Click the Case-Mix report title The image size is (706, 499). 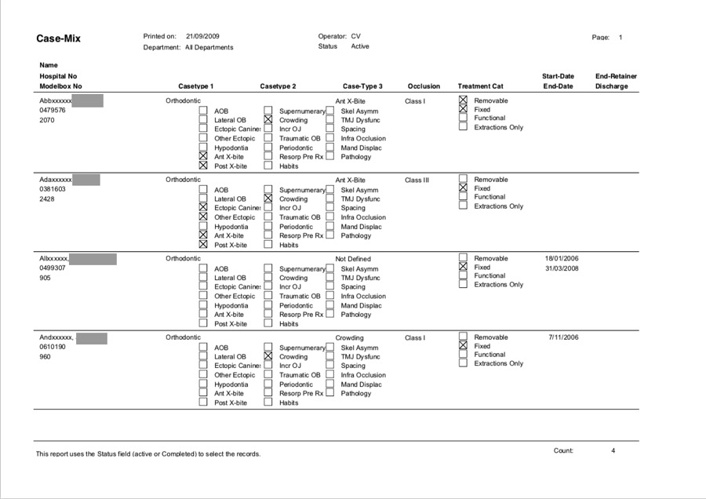click(x=58, y=38)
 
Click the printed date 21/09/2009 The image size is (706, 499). click(x=202, y=36)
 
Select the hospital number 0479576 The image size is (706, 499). click(x=53, y=111)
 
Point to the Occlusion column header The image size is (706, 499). click(x=424, y=86)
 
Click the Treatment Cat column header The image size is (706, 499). click(x=480, y=86)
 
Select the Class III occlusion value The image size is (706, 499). click(x=417, y=180)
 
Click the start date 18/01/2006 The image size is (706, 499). click(x=561, y=258)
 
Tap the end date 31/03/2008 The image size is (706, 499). click(x=561, y=268)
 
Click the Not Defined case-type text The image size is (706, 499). click(x=353, y=259)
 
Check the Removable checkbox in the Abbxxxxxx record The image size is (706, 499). click(x=463, y=100)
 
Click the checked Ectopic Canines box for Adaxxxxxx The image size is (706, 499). click(x=203, y=208)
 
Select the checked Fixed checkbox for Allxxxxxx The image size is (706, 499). click(x=463, y=267)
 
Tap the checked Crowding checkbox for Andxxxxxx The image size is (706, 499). click(x=268, y=356)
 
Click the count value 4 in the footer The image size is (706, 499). click(x=613, y=450)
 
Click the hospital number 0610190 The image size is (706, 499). click(x=53, y=347)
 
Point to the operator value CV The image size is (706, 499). click(x=355, y=36)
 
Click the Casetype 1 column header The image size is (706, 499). click(x=195, y=86)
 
